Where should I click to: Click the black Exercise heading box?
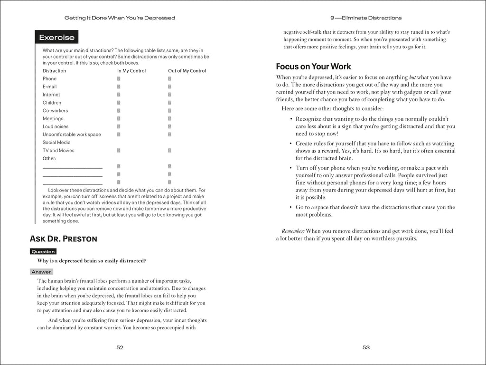pos(56,37)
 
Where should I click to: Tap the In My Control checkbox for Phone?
pos(119,79)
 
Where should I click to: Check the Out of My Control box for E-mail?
pos(169,87)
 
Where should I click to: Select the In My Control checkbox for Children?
pos(119,103)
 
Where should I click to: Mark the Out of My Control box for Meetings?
pos(169,119)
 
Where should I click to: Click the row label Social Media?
pos(56,143)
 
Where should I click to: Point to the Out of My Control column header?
pos(187,71)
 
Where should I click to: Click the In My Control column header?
pos(131,71)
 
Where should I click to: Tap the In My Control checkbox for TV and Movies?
pos(119,151)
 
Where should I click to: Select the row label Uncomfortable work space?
pos(72,134)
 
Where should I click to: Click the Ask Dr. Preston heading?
pos(63,239)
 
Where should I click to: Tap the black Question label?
pos(43,251)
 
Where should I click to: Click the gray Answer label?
pos(41,272)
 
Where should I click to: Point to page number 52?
pos(120,347)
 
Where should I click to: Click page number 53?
pos(366,347)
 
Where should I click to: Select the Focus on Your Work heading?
pos(313,67)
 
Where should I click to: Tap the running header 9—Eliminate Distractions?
pos(365,18)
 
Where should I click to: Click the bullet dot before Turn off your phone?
pos(290,168)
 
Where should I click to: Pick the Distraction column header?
pos(54,71)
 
